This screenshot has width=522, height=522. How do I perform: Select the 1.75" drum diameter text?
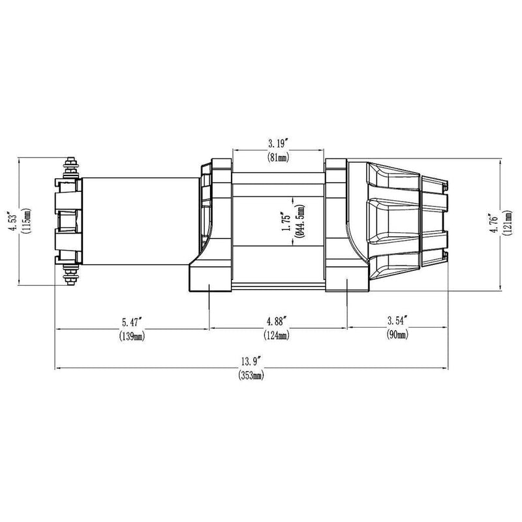(284, 223)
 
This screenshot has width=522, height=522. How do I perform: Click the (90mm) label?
(397, 336)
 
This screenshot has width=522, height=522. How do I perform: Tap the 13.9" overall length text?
(251, 360)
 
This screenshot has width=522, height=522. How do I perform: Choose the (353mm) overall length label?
(251, 375)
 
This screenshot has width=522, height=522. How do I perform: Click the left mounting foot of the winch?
(209, 277)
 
